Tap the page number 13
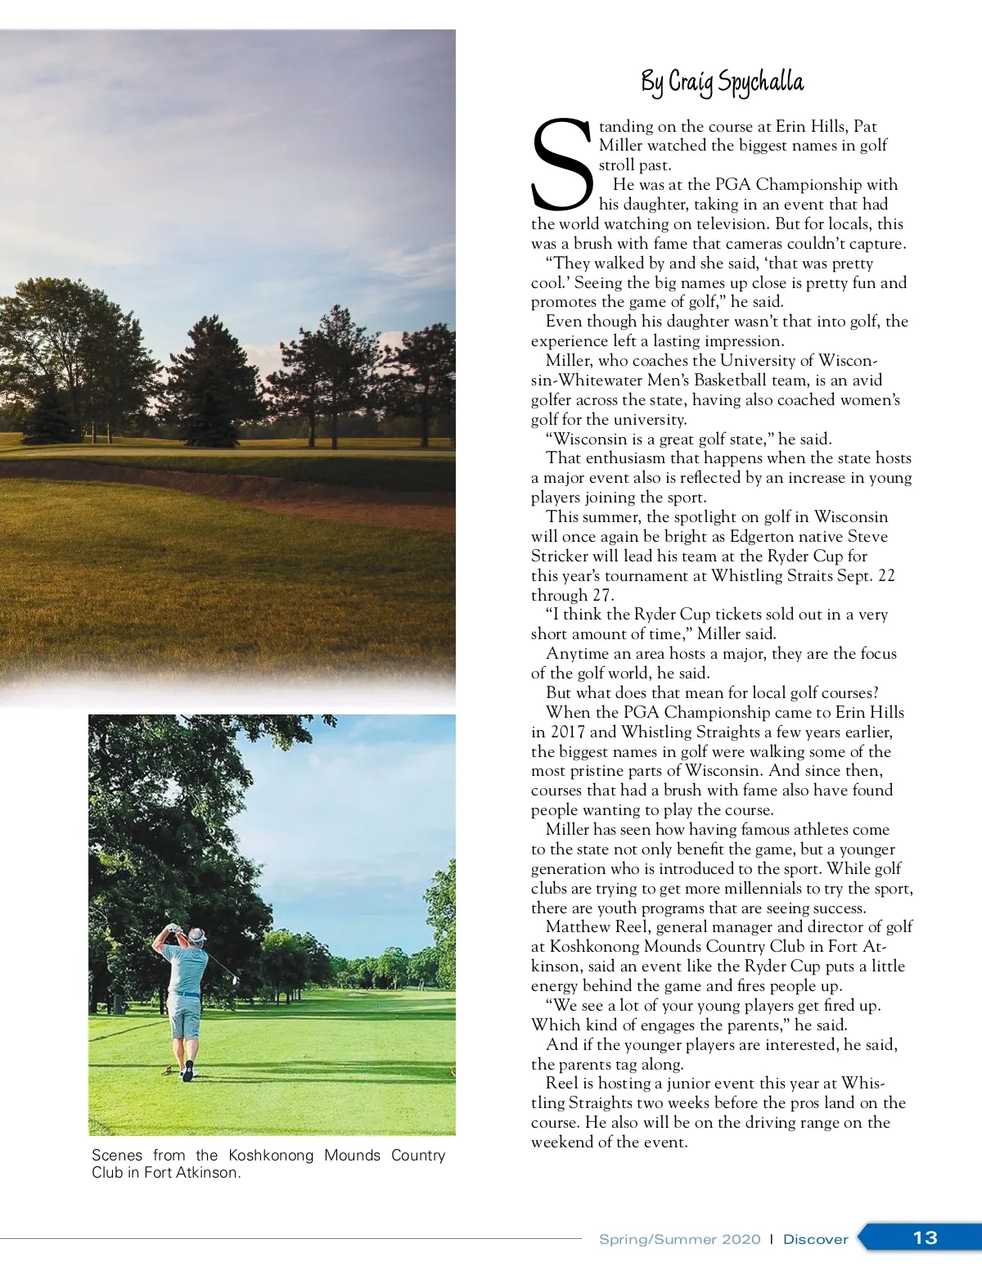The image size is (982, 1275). point(925,1237)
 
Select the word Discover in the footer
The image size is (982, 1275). point(815,1239)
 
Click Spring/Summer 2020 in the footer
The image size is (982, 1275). point(679,1239)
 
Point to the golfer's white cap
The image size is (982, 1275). point(196,934)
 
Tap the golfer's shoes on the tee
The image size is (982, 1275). point(189,1070)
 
